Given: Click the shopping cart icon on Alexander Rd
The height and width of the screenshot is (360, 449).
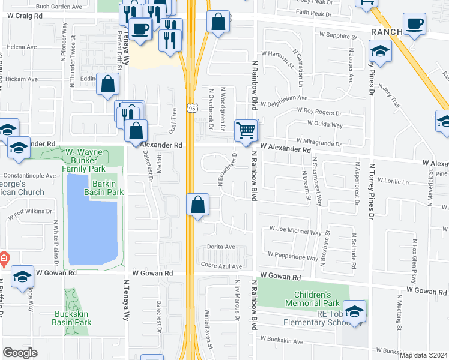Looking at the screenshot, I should (246, 130).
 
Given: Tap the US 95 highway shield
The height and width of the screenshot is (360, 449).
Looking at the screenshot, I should (191, 109).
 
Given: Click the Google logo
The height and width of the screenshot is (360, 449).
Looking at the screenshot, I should (20, 352).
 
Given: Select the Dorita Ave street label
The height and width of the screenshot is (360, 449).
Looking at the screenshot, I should (221, 247).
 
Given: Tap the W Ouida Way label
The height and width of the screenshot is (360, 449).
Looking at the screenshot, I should (325, 125).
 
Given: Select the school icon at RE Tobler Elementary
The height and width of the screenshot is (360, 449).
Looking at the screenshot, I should (355, 313).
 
